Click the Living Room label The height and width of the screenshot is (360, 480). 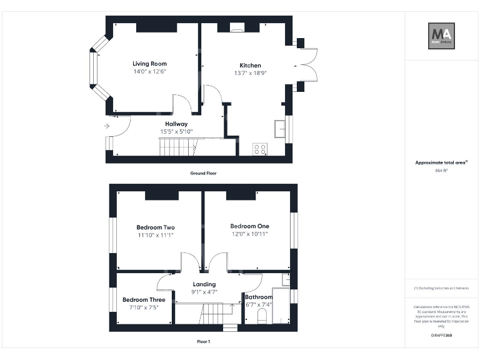pyautogui.click(x=149, y=63)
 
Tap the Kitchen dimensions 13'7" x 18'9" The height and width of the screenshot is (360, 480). pyautogui.click(x=250, y=72)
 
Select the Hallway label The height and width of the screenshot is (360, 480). pyautogui.click(x=176, y=124)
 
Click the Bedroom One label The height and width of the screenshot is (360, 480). pyautogui.click(x=249, y=226)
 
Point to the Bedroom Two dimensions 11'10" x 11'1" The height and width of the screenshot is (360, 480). pyautogui.click(x=155, y=235)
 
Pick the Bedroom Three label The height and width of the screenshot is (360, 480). pyautogui.click(x=144, y=299)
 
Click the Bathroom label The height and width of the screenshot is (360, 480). pyautogui.click(x=258, y=297)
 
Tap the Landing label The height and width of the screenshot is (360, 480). pyautogui.click(x=204, y=284)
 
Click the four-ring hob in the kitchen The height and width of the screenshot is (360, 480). pyautogui.click(x=259, y=149)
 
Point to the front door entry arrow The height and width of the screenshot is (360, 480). pyautogui.click(x=107, y=126)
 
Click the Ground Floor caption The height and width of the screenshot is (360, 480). pyautogui.click(x=203, y=173)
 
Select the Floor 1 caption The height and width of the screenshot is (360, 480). pyautogui.click(x=203, y=342)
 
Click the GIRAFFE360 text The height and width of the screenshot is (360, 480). pyautogui.click(x=441, y=336)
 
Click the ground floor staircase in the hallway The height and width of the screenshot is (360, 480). pyautogui.click(x=177, y=147)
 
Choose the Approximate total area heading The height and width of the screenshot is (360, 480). pyautogui.click(x=441, y=162)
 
